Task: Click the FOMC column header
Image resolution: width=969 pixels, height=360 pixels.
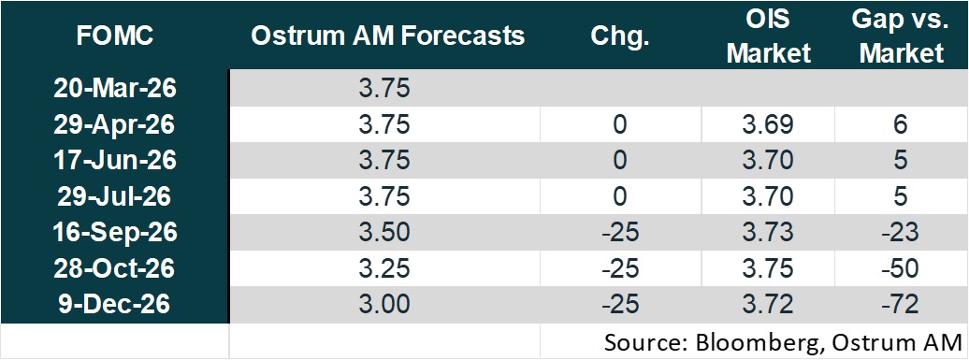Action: coord(116,37)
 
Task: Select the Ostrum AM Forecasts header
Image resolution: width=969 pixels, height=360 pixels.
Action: coord(388,37)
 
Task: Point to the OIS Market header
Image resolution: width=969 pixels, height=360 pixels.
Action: coord(769,37)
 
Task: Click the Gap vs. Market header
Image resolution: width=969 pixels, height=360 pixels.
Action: coord(902,37)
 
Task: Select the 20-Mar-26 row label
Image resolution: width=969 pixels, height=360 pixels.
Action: coord(116,90)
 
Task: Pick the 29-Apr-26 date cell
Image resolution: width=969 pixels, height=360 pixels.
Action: coord(116,124)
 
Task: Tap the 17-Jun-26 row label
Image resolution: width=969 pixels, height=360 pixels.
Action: coord(116,159)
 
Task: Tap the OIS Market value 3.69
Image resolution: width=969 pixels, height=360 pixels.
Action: coord(769,124)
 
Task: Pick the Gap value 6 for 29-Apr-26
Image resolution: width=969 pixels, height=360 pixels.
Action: coord(901,124)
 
